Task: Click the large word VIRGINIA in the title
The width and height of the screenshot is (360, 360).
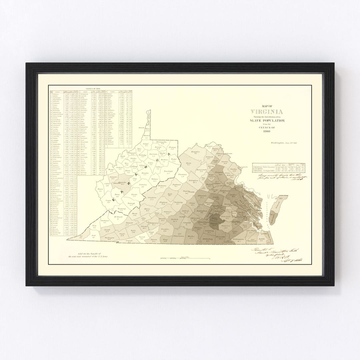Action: click(x=266, y=111)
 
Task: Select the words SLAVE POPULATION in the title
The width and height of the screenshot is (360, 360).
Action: click(x=266, y=120)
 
